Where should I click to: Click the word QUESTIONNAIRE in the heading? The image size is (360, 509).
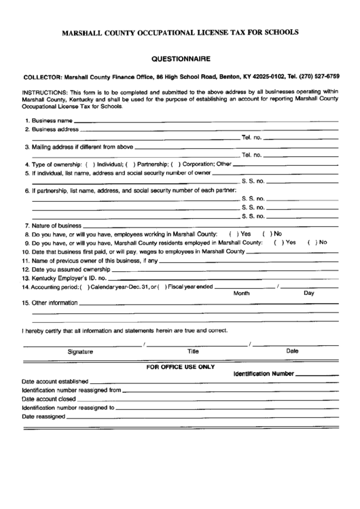pos(180,59)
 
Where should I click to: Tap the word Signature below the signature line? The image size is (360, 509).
pos(80,351)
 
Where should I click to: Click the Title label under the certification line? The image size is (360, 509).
pos(193,351)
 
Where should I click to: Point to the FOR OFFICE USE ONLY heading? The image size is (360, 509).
pos(180,366)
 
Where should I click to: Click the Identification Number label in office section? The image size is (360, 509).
pos(264,374)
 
